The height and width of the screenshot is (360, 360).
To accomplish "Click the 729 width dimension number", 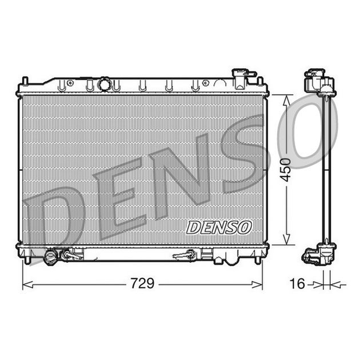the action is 142,283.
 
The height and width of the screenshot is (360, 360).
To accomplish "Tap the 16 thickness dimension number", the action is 298,283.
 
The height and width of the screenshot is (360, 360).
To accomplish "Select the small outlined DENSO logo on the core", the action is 218,227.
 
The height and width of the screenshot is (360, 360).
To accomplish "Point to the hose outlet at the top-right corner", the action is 244,79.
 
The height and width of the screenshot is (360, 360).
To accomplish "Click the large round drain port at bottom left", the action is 50,257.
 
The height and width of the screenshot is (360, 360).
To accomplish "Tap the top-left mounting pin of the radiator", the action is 25,81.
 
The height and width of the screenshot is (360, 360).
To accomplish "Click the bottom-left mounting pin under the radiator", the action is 28,260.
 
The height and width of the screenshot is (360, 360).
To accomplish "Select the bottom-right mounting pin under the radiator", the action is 258,260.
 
